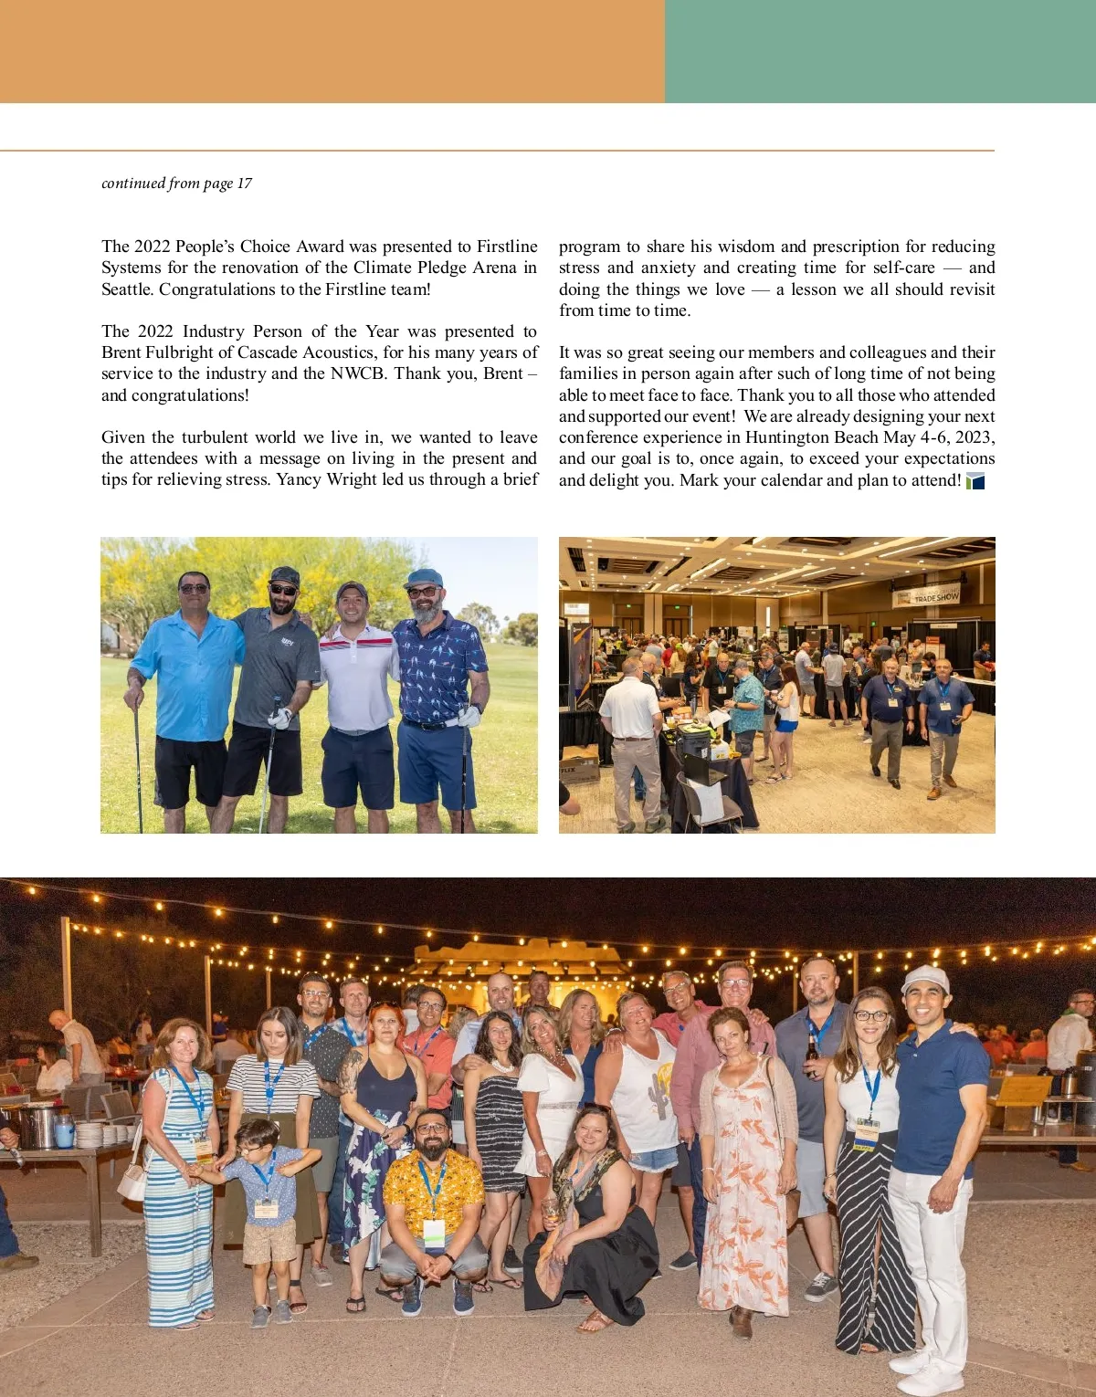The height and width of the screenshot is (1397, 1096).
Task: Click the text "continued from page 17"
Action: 176,184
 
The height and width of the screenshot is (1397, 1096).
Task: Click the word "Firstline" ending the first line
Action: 507,247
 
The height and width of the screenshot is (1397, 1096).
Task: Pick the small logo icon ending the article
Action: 975,481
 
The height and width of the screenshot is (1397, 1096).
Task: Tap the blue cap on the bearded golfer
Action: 423,577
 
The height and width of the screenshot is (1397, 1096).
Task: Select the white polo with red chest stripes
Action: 357,676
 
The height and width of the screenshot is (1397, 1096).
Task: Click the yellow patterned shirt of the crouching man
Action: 433,1187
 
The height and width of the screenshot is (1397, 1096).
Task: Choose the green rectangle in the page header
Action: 880,51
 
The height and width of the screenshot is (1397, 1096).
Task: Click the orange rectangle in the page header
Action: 332,51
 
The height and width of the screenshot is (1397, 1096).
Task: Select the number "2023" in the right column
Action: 973,437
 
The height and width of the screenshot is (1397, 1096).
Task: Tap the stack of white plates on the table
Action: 90,1134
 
